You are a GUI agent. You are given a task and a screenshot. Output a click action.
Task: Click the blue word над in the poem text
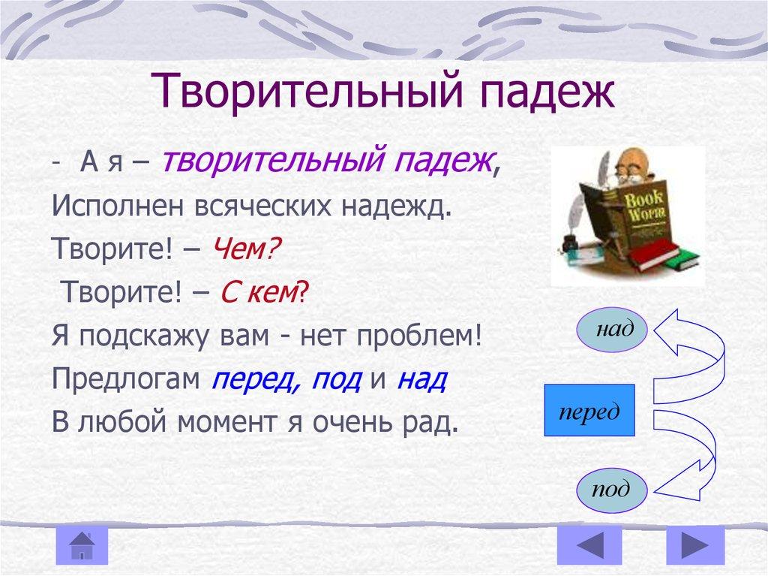pos(421,379)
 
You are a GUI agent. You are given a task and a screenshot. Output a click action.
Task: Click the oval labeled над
pos(613,329)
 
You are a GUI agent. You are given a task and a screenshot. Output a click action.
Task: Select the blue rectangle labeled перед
pos(589,411)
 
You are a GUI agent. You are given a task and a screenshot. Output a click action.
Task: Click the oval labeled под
pos(610,491)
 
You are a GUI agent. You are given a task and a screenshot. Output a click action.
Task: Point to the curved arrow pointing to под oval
pos(687,458)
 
